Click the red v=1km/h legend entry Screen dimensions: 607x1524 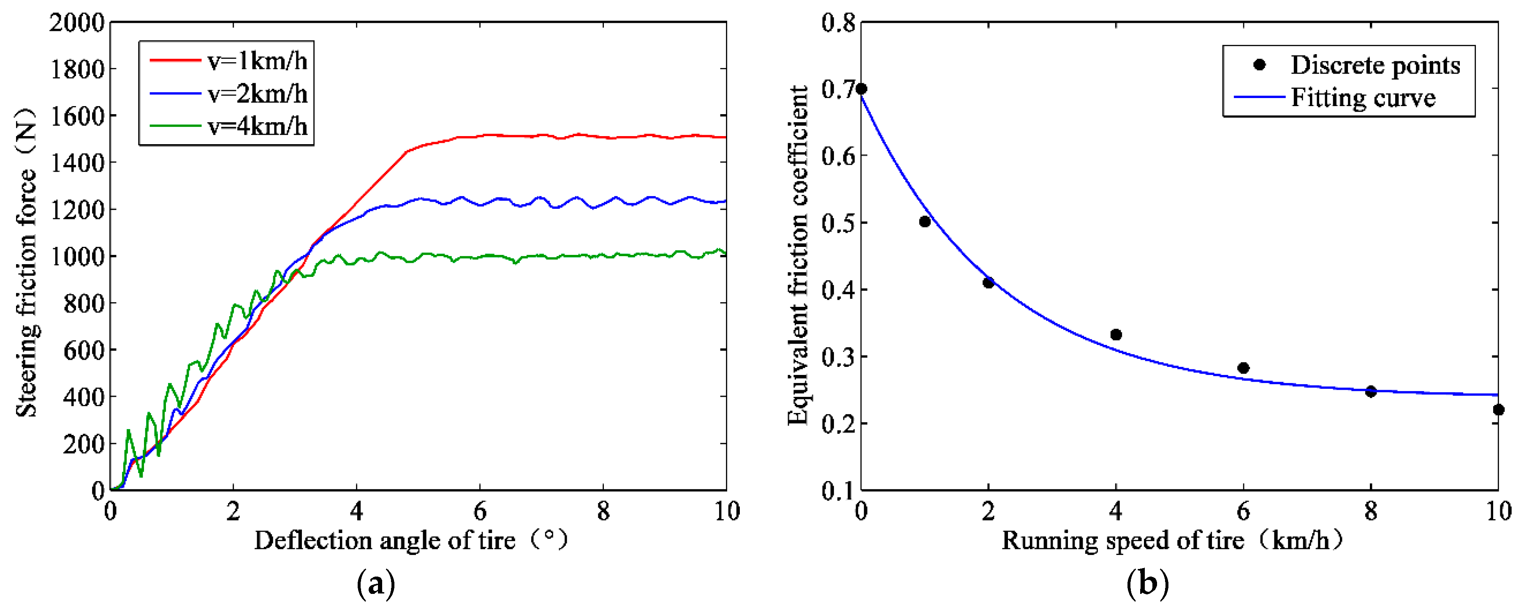[x=228, y=61]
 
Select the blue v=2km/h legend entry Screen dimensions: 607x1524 [x=228, y=93]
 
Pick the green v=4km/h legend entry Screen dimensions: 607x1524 [x=228, y=126]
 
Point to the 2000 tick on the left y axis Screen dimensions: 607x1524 [x=77, y=23]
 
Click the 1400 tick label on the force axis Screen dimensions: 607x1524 [x=77, y=163]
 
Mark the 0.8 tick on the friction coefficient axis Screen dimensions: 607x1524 [x=838, y=23]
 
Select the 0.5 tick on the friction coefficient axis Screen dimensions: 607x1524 [x=838, y=223]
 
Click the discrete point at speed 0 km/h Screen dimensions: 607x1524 [x=861, y=89]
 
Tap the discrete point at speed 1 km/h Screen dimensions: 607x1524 [x=925, y=221]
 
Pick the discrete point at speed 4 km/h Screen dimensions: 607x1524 [x=1116, y=335]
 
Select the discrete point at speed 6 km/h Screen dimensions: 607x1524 [x=1243, y=368]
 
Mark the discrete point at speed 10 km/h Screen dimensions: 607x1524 [x=1498, y=409]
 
